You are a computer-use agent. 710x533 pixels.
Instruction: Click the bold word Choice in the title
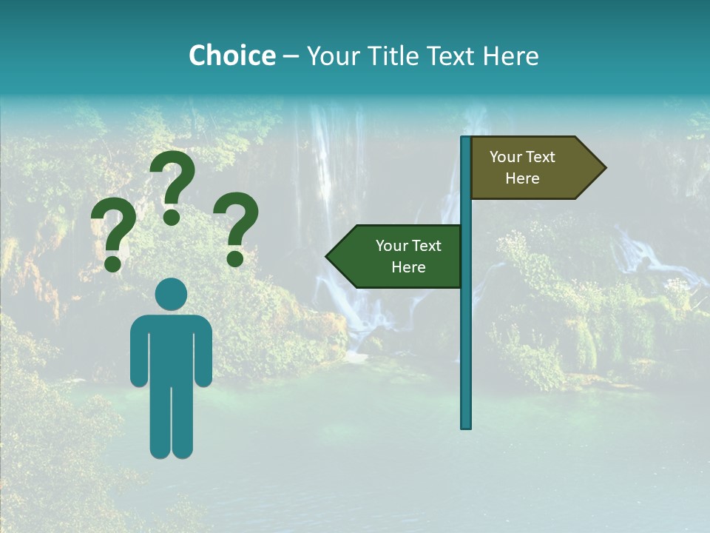coord(231,56)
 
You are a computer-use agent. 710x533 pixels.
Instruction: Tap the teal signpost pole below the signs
coord(466,355)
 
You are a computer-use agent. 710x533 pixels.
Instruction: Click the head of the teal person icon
coord(172,294)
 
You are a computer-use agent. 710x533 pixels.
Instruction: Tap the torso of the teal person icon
coord(172,348)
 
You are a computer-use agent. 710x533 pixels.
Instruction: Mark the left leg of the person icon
coord(160,422)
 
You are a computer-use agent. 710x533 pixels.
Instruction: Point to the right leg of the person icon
coord(183,422)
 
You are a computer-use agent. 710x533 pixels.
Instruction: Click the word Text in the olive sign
coord(541,157)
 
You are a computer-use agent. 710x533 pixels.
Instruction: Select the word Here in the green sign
coord(408,267)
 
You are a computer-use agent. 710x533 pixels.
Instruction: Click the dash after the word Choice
coord(291,57)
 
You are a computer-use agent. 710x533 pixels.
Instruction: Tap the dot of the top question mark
coord(172,217)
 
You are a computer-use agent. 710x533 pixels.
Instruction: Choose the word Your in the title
coord(327,56)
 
